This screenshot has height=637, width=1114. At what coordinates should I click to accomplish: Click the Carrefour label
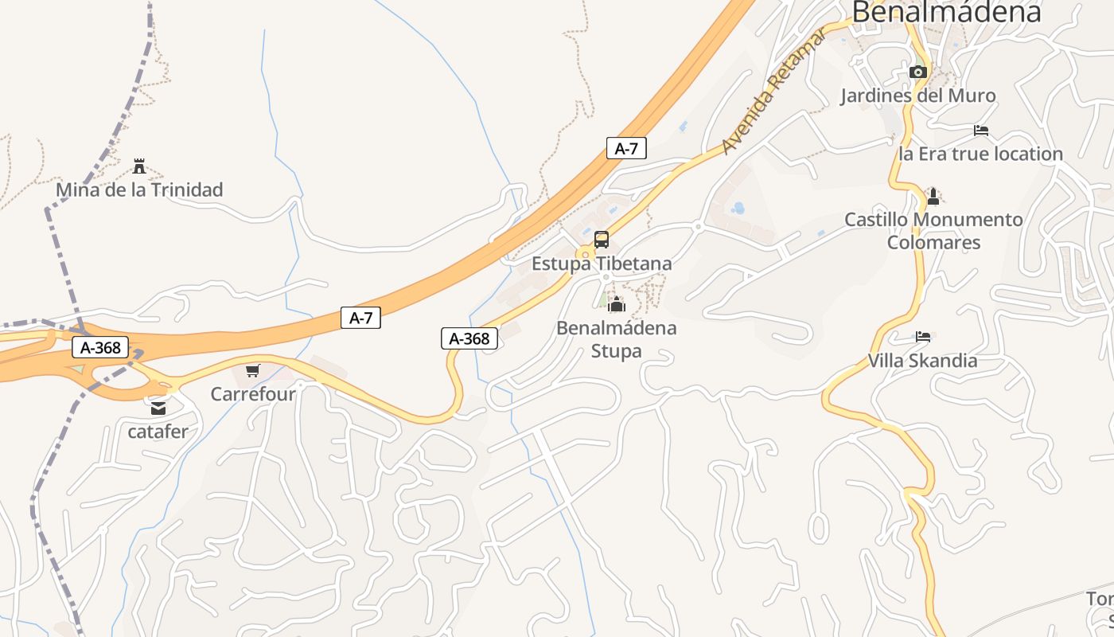click(x=253, y=394)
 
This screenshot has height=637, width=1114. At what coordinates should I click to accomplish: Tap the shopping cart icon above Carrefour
click(x=253, y=370)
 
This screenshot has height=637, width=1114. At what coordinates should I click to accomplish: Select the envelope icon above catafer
click(x=158, y=408)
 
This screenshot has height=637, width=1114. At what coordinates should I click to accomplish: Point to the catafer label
click(x=158, y=432)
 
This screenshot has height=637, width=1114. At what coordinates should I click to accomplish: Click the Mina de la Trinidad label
click(x=139, y=190)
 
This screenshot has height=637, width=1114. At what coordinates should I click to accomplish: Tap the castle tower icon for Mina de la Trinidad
click(x=139, y=166)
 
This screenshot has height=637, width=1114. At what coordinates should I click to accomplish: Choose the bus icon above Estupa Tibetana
click(x=602, y=240)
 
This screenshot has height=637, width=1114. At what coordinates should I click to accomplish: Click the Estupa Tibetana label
click(x=602, y=264)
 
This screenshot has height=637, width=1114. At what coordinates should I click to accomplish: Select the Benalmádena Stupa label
click(x=617, y=339)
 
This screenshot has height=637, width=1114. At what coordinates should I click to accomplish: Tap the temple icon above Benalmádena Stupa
click(x=617, y=304)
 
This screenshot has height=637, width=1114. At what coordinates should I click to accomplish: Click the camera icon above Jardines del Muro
click(x=918, y=72)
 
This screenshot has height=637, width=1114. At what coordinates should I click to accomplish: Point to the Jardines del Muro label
click(x=918, y=96)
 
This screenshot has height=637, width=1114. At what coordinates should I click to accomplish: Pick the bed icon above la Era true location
click(x=981, y=130)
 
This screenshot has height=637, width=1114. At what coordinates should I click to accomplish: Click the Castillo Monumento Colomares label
click(x=933, y=231)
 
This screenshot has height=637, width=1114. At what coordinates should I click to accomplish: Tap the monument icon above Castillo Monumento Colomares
click(x=933, y=196)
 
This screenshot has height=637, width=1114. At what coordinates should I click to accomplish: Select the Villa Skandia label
click(x=923, y=361)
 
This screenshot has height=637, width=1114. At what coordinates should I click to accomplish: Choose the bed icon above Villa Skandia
click(x=923, y=337)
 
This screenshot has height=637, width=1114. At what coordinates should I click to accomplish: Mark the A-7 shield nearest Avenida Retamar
click(x=626, y=148)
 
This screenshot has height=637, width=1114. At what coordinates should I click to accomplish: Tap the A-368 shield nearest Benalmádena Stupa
click(x=469, y=338)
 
